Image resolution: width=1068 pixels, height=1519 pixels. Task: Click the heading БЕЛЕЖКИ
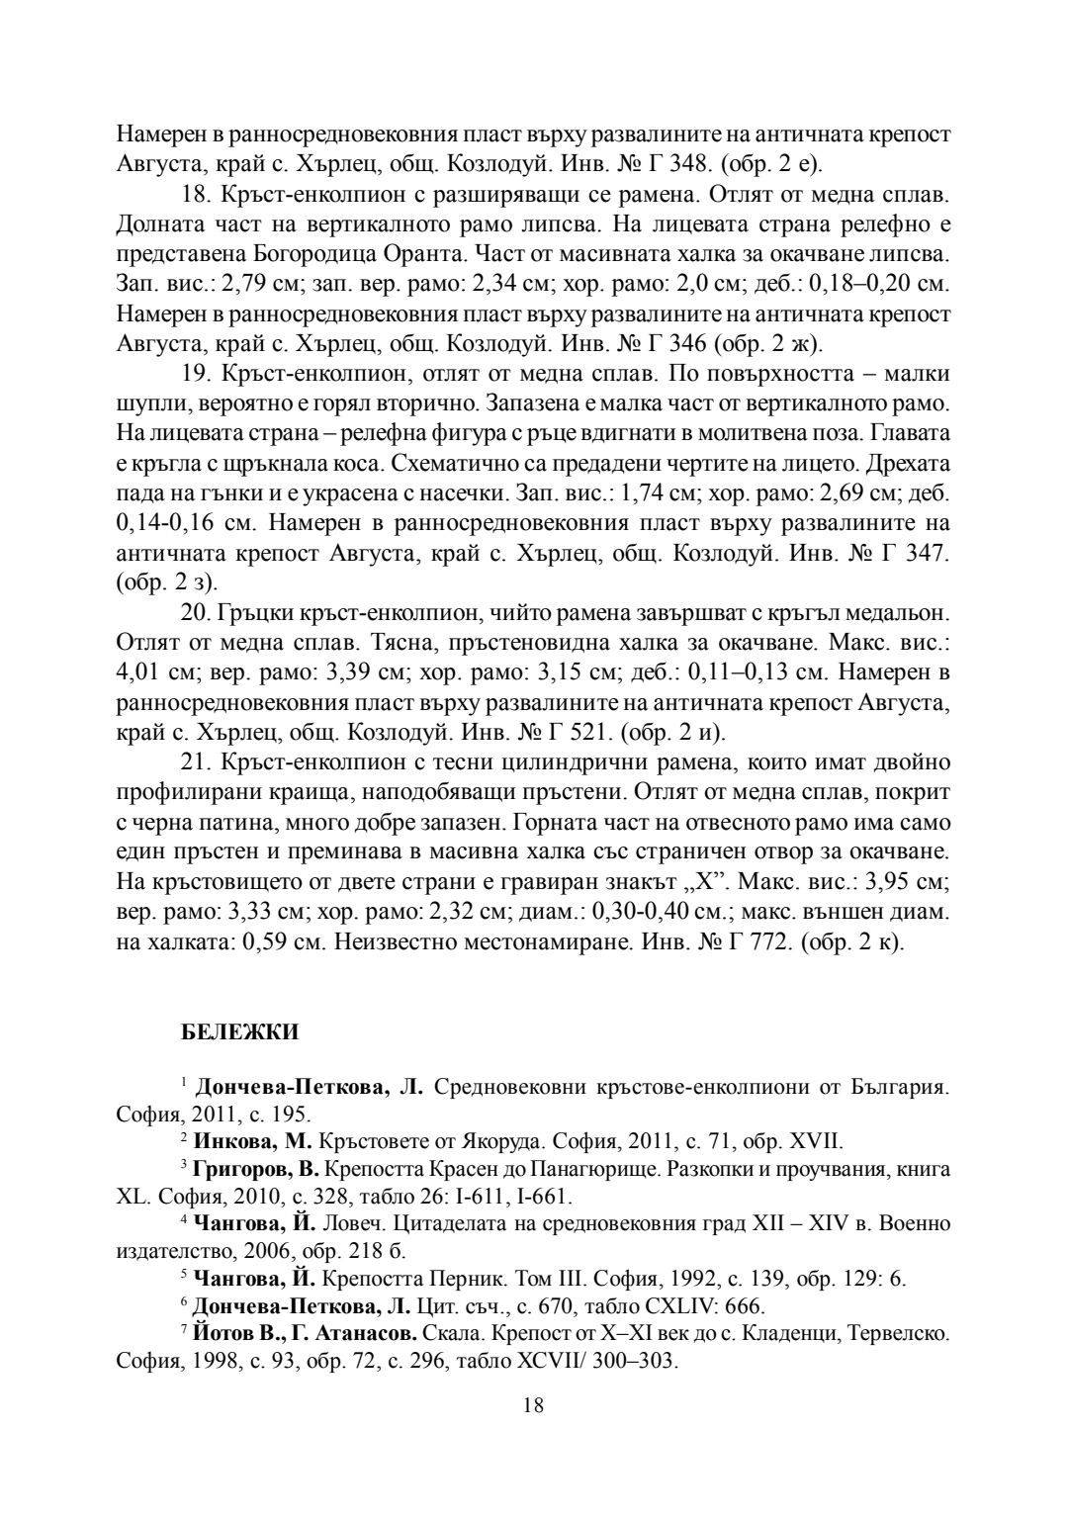[240, 1032]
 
